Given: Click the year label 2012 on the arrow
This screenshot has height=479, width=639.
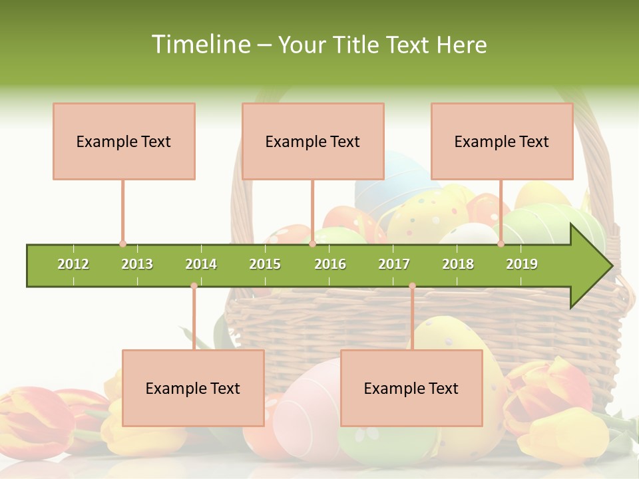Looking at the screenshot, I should pyautogui.click(x=73, y=264).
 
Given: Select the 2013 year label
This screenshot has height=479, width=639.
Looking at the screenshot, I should pyautogui.click(x=137, y=264).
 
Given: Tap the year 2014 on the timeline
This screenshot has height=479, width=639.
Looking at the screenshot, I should pyautogui.click(x=201, y=264).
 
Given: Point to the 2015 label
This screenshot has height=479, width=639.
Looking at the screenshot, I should pyautogui.click(x=265, y=264).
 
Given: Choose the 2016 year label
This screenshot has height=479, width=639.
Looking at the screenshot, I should pyautogui.click(x=330, y=264).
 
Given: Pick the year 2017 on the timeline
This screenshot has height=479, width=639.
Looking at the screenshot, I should pyautogui.click(x=394, y=264).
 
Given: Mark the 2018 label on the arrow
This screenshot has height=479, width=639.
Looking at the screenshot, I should pyautogui.click(x=458, y=264).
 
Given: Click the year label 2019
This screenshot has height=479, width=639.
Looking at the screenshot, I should pyautogui.click(x=522, y=264).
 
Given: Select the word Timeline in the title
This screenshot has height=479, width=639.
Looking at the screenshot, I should pyautogui.click(x=200, y=45).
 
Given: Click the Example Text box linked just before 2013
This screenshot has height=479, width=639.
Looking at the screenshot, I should pyautogui.click(x=124, y=141).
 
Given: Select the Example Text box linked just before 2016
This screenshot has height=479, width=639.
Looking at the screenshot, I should pyautogui.click(x=313, y=141).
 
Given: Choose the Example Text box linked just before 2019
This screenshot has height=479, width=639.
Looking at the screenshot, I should pyautogui.click(x=502, y=141).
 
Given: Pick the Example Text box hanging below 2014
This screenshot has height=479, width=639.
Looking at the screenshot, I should pyautogui.click(x=193, y=388).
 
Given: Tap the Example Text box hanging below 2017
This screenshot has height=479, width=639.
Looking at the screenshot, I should pyautogui.click(x=411, y=388).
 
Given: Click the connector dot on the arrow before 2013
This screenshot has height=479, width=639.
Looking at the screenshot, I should pyautogui.click(x=122, y=244).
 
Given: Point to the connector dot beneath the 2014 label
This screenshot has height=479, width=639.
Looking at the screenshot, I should pyautogui.click(x=194, y=286).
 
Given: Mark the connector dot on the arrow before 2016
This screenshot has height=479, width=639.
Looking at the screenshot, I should pyautogui.click(x=312, y=244).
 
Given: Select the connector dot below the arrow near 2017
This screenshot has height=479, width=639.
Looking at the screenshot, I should pyautogui.click(x=412, y=286).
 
